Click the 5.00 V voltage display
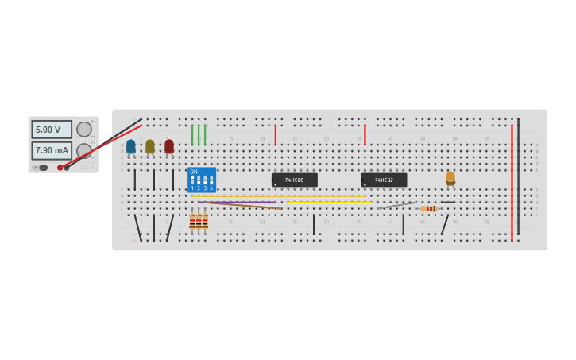(52, 130)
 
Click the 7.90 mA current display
(52, 150)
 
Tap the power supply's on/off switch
(43, 168)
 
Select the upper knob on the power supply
(83, 130)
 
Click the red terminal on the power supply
(60, 168)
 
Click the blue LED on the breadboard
(131, 147)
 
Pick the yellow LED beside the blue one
(150, 147)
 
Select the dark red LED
(169, 147)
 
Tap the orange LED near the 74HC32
(450, 178)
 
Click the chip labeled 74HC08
(295, 180)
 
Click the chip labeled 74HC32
(384, 180)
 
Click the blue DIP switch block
(202, 180)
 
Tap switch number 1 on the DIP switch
(192, 181)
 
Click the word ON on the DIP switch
(194, 172)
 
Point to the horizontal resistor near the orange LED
(429, 209)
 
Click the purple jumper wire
(238, 202)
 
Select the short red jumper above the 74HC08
(276, 135)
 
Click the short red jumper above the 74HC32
(365, 135)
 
